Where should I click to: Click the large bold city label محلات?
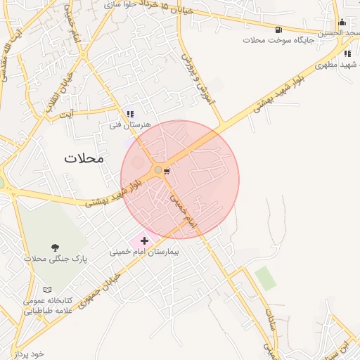(84, 157)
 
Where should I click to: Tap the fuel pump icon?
(279, 30)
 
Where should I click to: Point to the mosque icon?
(342, 22)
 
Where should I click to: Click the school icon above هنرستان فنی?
(129, 113)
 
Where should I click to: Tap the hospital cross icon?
(145, 241)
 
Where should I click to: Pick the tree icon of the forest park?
(55, 247)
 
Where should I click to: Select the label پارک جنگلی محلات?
(55, 259)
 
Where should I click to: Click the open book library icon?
(47, 290)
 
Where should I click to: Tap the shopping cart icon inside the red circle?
(167, 170)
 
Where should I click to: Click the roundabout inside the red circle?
(157, 169)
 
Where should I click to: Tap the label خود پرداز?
(28, 354)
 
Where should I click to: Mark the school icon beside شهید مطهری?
(347, 53)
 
